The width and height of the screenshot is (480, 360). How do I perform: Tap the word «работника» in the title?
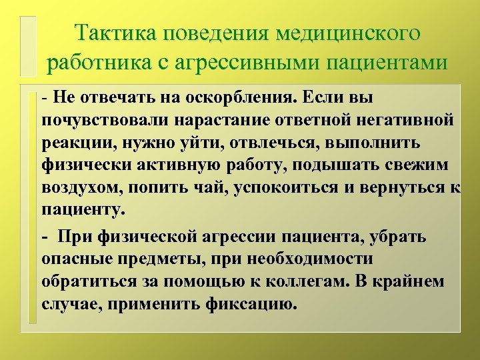click(x=97, y=62)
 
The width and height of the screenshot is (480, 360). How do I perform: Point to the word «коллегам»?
click(x=295, y=281)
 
